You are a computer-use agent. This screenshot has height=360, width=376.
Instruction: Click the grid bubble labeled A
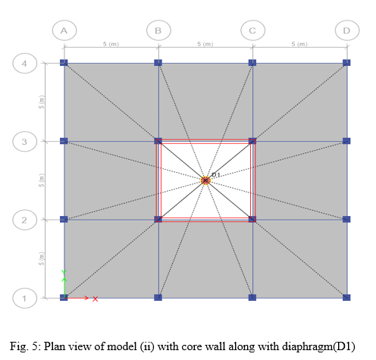pos(64,30)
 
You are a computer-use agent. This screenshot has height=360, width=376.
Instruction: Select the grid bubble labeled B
pos(158,30)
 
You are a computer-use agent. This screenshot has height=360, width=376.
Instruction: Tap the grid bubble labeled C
pos(253,30)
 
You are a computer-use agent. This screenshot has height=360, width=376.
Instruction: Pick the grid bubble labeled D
pos(347,30)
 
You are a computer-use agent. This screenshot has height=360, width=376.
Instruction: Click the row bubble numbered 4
pos(25,64)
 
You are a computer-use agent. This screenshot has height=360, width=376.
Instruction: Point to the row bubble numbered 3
pos(25,142)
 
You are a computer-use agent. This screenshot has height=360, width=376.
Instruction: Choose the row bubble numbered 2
pos(25,220)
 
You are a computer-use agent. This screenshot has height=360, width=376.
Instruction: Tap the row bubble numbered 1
pos(25,298)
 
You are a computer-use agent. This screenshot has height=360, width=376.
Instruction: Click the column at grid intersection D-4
pos(346,63)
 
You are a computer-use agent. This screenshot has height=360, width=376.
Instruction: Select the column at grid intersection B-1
pos(158,297)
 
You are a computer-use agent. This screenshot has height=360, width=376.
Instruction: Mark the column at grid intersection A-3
pos(64,141)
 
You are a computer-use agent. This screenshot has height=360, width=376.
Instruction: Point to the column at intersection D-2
pos(346,219)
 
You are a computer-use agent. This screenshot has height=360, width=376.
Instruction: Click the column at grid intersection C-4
pos(252,63)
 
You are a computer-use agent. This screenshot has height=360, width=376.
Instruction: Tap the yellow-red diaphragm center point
pos(205,180)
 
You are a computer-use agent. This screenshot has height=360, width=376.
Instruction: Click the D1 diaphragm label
pos(216,174)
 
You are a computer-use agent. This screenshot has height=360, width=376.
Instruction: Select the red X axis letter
pos(95,299)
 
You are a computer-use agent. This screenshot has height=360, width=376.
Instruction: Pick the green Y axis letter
pos(64,272)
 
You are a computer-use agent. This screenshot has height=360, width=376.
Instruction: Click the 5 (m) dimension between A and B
pos(111,44)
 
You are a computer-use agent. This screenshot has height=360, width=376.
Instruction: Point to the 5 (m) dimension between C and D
pos(299,44)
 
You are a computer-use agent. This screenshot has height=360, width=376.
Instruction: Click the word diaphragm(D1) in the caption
pos(318,346)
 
